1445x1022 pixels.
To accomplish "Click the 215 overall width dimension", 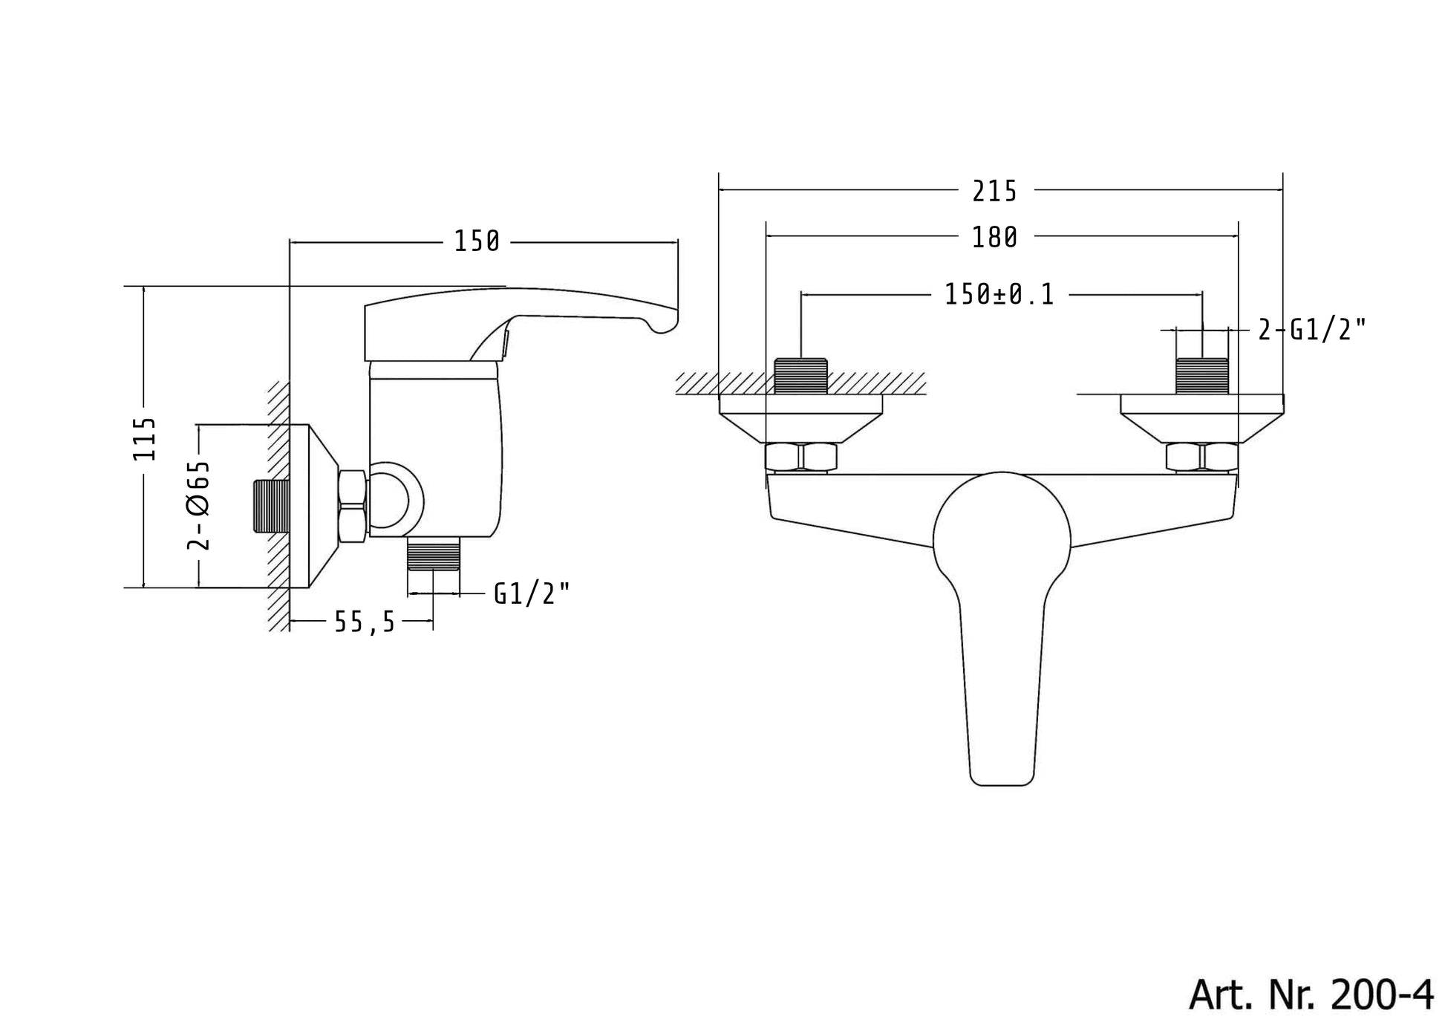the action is [x=994, y=192].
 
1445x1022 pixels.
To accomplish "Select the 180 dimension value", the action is [x=994, y=238].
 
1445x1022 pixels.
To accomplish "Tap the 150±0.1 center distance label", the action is [x=999, y=295].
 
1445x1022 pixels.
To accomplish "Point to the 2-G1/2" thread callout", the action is [x=1312, y=329].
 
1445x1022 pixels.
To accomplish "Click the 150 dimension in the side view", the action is [x=477, y=241].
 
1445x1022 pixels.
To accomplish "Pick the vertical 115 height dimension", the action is [x=145, y=439].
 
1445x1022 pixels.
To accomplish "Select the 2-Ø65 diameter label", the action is [x=198, y=505].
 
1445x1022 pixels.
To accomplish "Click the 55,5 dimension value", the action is [x=365, y=622].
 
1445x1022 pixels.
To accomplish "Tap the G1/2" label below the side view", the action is [x=532, y=593].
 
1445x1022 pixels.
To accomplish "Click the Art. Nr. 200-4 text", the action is [x=1311, y=993].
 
